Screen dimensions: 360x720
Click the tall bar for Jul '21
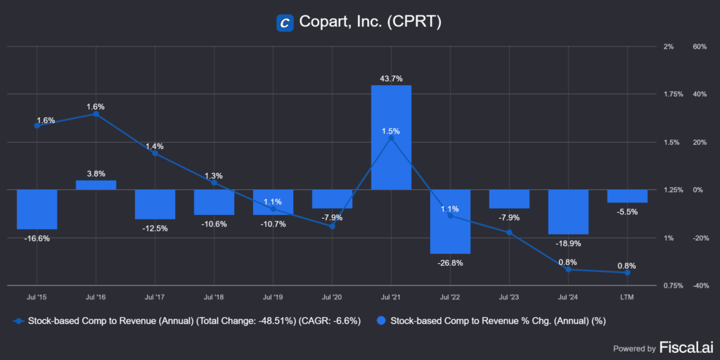391,137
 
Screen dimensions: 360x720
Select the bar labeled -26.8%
450,221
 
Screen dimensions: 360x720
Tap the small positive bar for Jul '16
96,185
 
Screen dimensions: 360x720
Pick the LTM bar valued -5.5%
627,196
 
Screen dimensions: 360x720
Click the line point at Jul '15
37,126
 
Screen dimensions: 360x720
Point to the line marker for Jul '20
332,226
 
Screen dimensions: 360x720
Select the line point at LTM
627,273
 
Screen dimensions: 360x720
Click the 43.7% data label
391,79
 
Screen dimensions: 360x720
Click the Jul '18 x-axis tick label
214,299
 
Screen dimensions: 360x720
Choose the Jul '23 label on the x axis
509,299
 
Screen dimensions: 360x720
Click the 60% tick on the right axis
699,46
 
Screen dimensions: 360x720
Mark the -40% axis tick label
699,285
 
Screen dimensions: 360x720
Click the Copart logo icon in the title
285,22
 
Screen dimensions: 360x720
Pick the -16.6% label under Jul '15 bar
37,239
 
